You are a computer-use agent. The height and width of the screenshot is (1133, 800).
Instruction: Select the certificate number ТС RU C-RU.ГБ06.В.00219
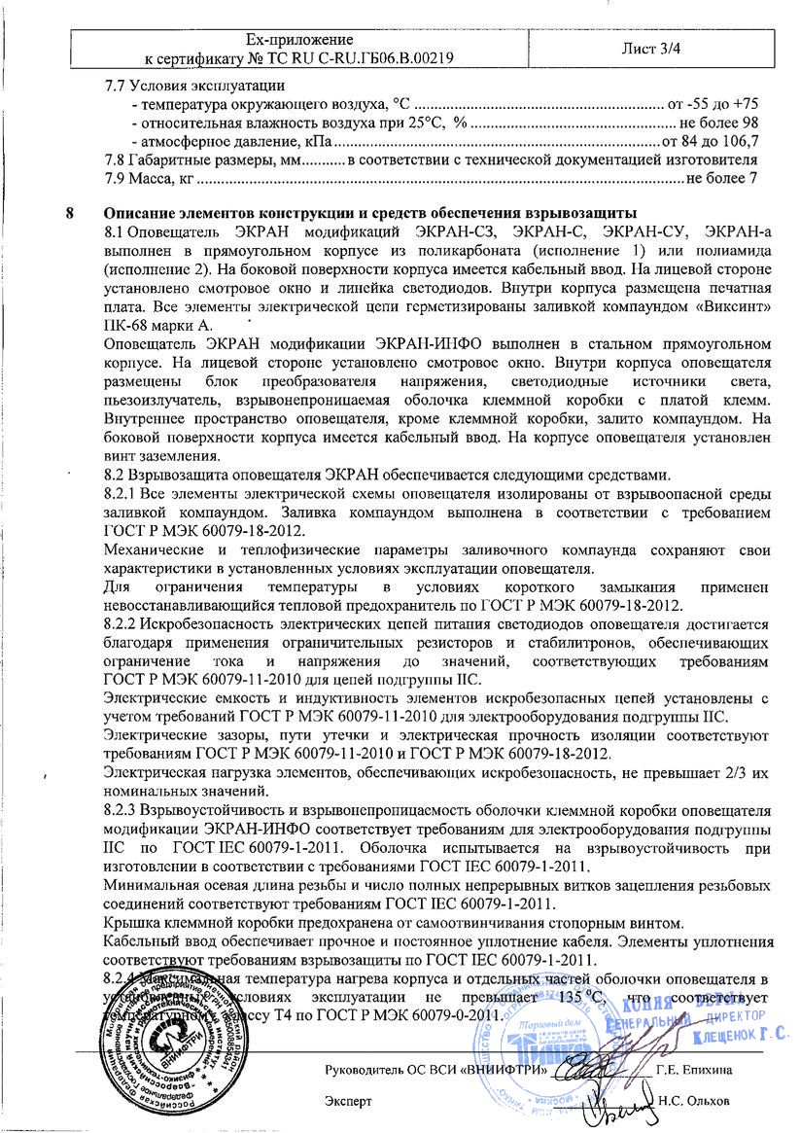point(355,57)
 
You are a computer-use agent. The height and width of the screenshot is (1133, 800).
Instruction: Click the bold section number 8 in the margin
point(67,214)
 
